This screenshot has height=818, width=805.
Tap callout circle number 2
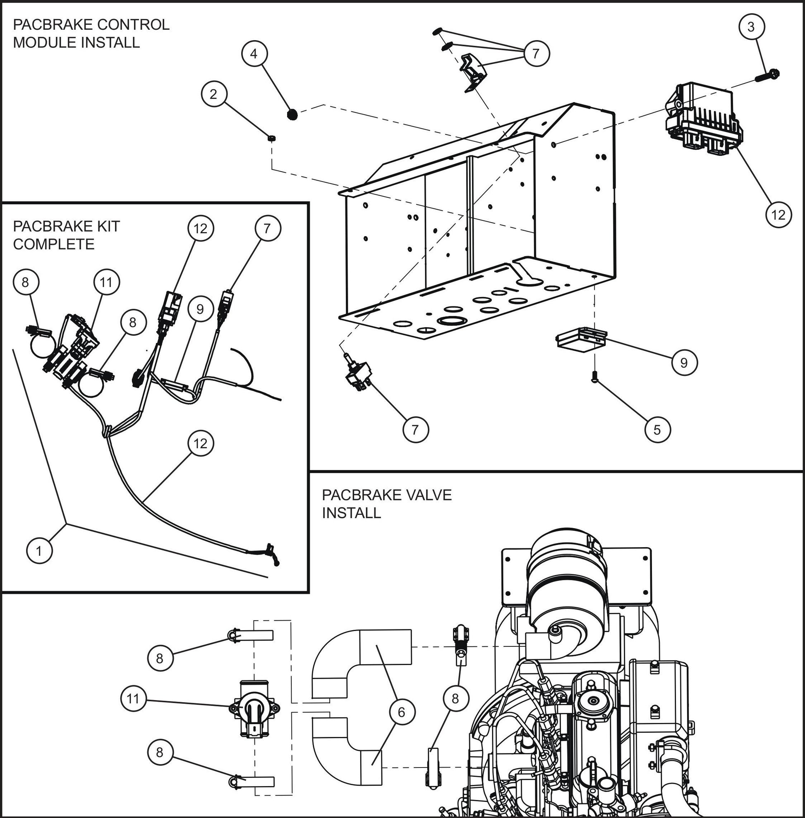pyautogui.click(x=213, y=94)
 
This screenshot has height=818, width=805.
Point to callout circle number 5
pyautogui.click(x=657, y=430)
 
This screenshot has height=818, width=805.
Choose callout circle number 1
pyautogui.click(x=39, y=551)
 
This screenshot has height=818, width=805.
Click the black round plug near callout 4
pyautogui.click(x=291, y=114)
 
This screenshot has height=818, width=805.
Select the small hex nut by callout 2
pyautogui.click(x=272, y=138)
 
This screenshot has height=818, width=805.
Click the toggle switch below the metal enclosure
pyautogui.click(x=358, y=374)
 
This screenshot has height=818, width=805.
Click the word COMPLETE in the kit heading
pyautogui.click(x=54, y=244)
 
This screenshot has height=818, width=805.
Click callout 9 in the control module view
pyautogui.click(x=684, y=362)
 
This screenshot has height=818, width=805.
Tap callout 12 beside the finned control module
pyautogui.click(x=778, y=215)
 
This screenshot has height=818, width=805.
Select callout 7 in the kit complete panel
pyautogui.click(x=267, y=229)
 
